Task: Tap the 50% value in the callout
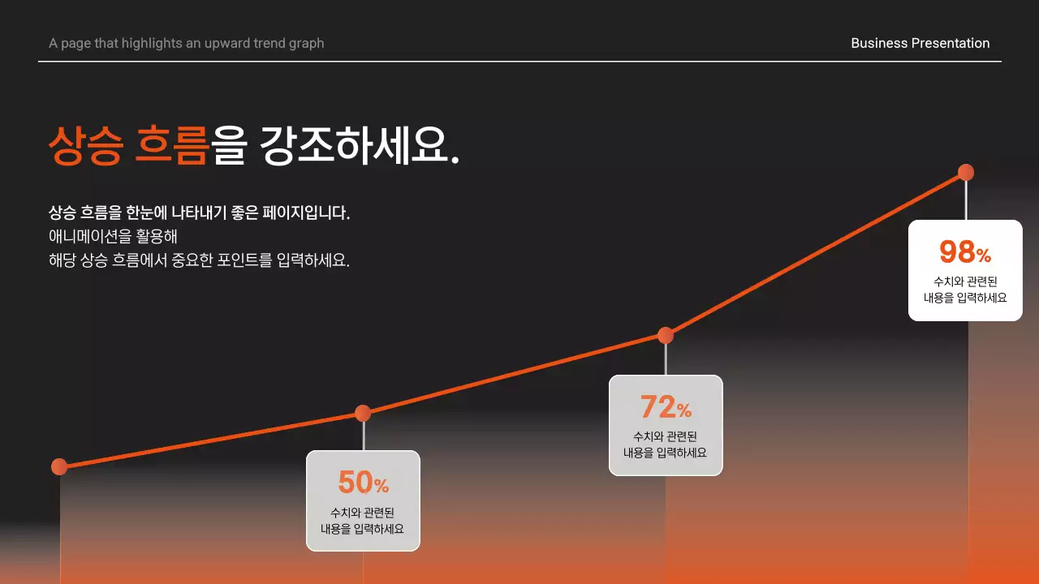(x=363, y=483)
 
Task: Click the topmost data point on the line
(x=966, y=172)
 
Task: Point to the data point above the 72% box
(x=666, y=335)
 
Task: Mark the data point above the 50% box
(x=363, y=414)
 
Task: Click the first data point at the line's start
(x=59, y=466)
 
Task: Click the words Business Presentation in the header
(x=920, y=44)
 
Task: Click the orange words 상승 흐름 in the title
(x=128, y=146)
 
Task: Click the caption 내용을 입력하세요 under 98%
(x=965, y=298)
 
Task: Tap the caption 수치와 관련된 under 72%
(x=666, y=436)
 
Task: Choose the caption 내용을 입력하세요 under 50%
(x=363, y=529)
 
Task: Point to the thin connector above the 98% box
(x=966, y=200)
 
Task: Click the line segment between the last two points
(x=816, y=254)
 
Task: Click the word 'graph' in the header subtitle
(x=306, y=44)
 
